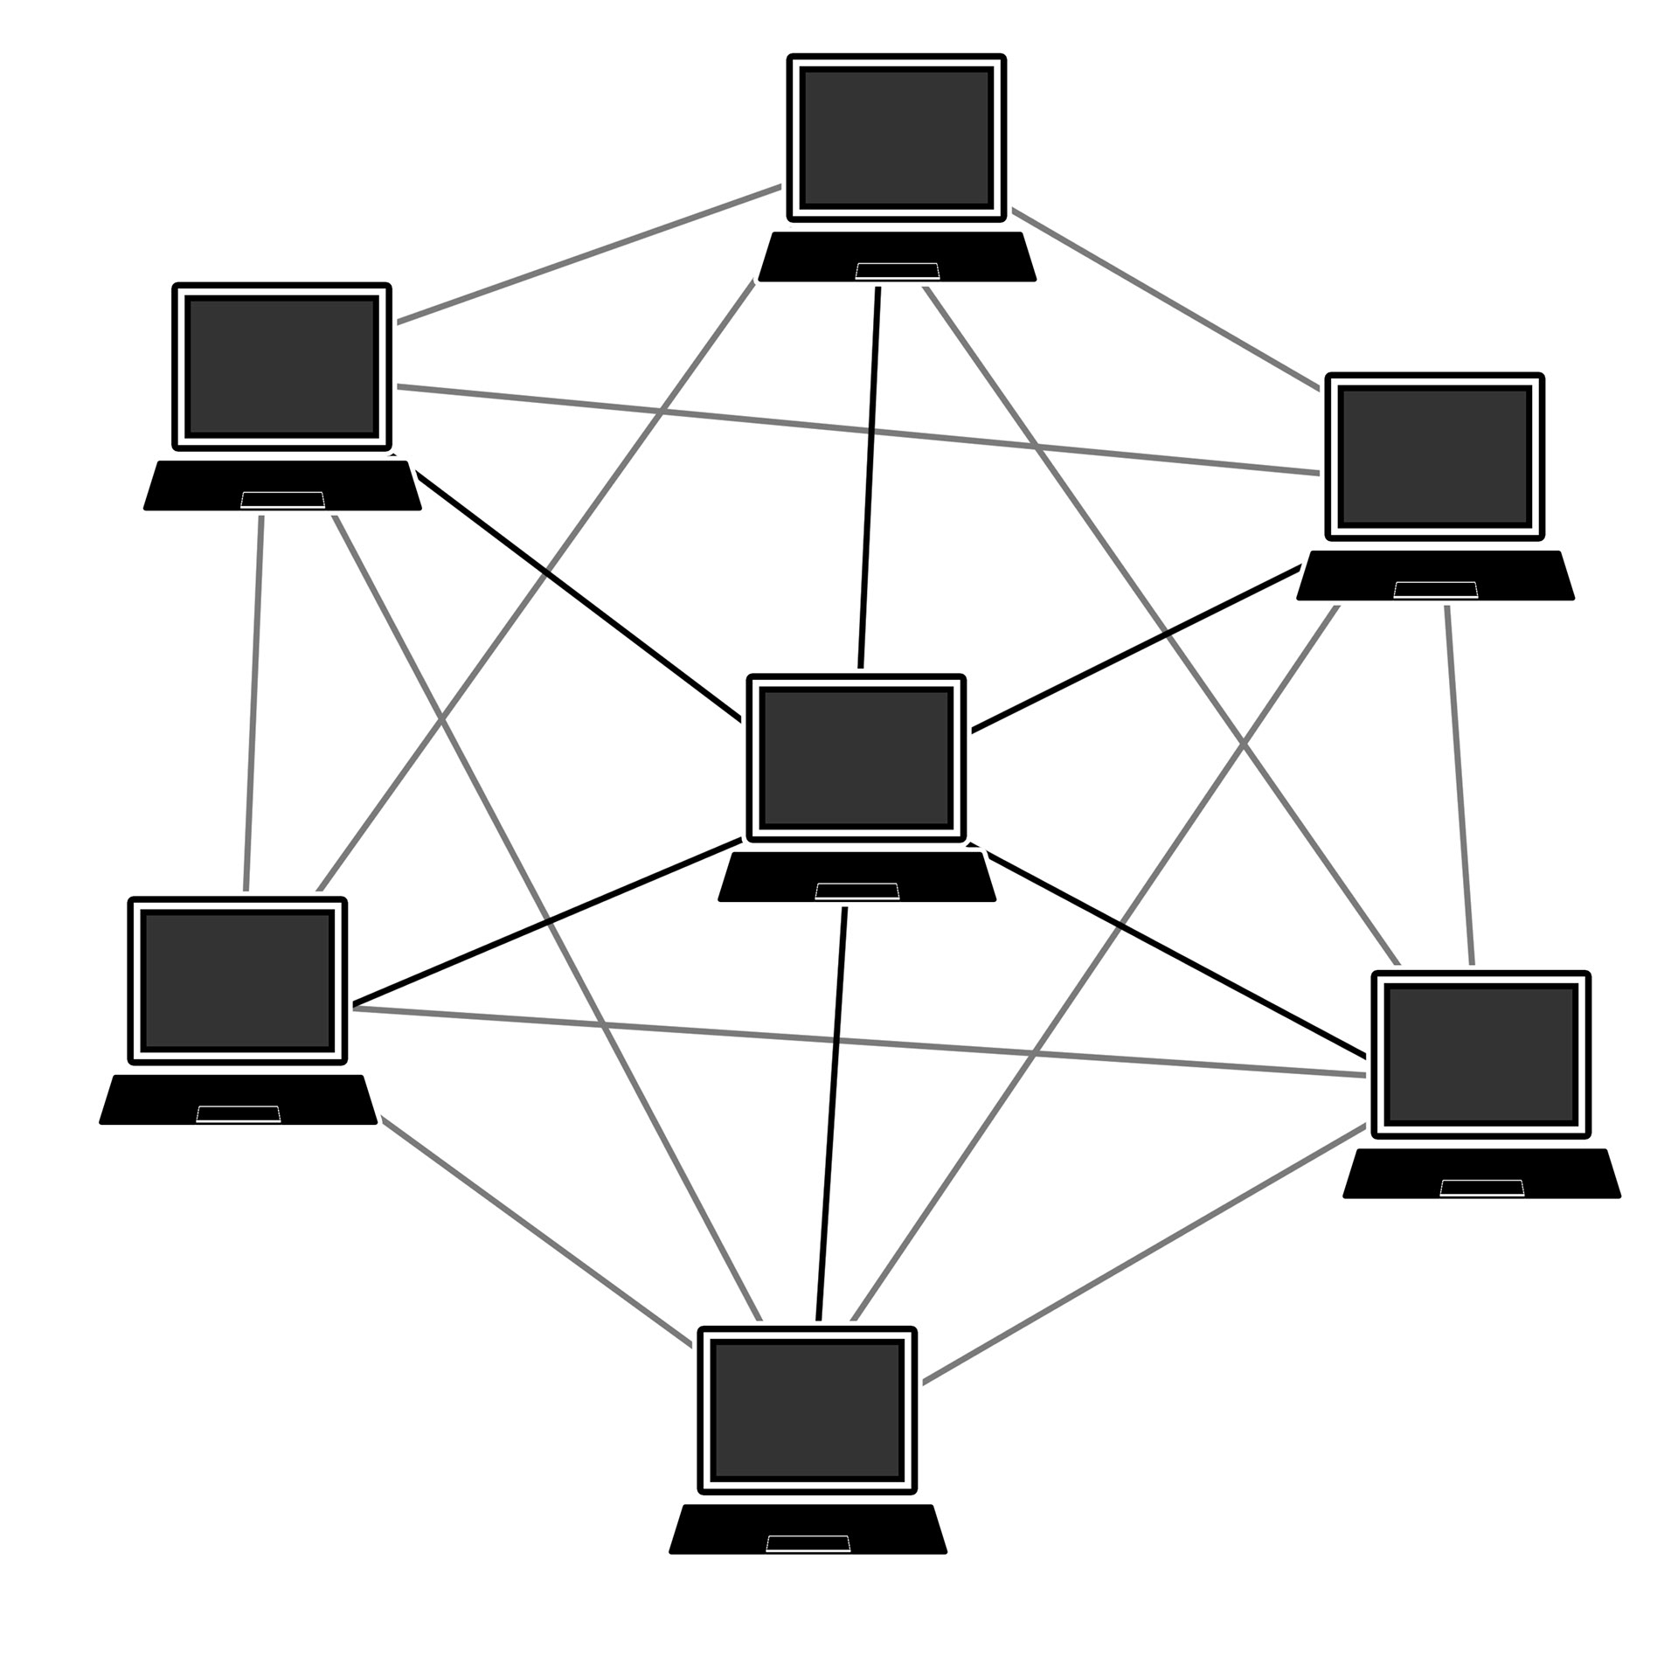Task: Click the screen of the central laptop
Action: click(856, 757)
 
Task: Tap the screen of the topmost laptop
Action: click(896, 138)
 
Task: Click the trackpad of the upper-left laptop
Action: click(282, 500)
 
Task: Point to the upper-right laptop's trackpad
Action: click(1435, 590)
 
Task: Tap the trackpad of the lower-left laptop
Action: click(238, 1114)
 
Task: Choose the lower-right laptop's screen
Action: click(1481, 1054)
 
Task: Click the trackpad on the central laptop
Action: click(856, 891)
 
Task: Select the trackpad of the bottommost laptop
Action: click(808, 1543)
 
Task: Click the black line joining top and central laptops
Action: click(870, 476)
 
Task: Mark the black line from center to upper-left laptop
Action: click(577, 594)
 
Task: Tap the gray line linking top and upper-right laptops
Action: click(1167, 299)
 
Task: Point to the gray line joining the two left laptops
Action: click(253, 704)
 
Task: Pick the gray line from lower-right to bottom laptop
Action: click(1145, 1254)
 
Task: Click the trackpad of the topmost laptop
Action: click(897, 271)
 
